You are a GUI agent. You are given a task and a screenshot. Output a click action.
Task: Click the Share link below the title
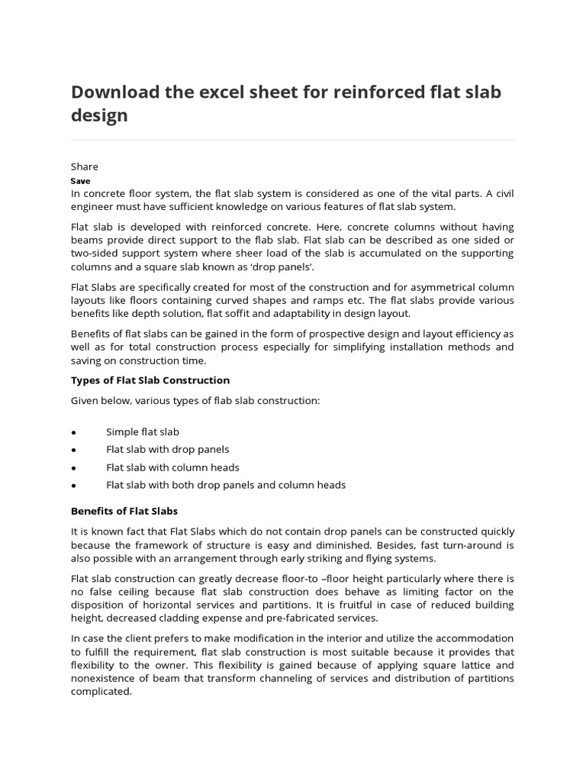coord(85,166)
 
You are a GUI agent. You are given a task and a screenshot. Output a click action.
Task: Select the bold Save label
coord(80,181)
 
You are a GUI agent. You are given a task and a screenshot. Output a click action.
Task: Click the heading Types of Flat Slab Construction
coord(150,380)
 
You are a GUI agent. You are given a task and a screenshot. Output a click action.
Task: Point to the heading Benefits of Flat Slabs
coord(124,511)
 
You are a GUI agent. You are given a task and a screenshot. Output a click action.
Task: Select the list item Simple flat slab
coord(143,432)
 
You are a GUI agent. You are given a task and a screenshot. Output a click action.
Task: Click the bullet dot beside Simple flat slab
coord(73,433)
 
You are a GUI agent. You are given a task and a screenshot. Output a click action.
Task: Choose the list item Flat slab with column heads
coord(172,467)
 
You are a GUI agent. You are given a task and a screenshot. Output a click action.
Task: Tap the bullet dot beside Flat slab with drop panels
coord(73,451)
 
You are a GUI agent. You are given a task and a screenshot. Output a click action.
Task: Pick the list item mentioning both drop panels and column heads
coord(226,485)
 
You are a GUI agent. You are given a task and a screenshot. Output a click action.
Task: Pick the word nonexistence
coord(107,678)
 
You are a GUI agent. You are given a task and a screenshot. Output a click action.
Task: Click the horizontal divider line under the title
coord(292,141)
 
